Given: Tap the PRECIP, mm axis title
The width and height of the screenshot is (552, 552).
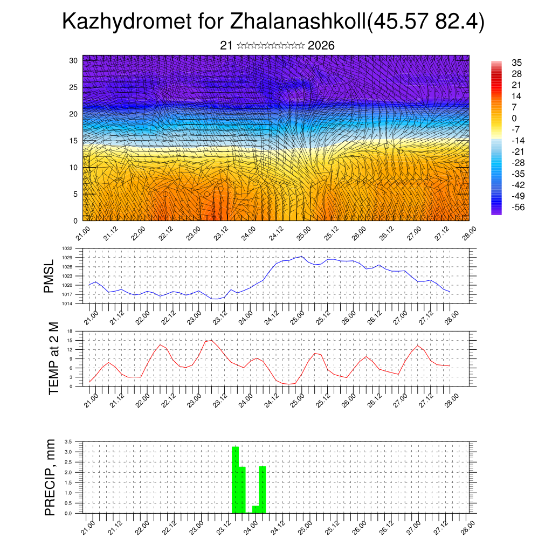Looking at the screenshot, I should (x=50, y=478).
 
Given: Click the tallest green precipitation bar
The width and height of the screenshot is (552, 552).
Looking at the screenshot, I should (x=235, y=480).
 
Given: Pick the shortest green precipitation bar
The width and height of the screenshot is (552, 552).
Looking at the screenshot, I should (x=256, y=509).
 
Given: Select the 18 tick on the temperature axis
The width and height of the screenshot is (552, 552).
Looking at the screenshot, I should (x=70, y=331).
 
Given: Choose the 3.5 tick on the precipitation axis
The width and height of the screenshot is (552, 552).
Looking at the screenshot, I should (x=68, y=441).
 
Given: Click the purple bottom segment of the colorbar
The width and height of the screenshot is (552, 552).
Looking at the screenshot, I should (x=496, y=212).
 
